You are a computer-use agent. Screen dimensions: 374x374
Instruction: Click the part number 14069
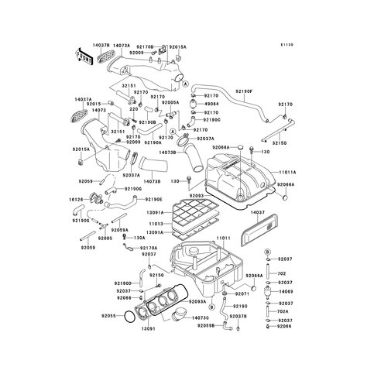coord(287,291)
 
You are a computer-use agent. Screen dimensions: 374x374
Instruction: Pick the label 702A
coord(285,311)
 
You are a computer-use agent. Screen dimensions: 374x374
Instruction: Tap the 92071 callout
coord(240,295)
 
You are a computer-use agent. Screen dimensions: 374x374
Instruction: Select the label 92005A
coord(170,102)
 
